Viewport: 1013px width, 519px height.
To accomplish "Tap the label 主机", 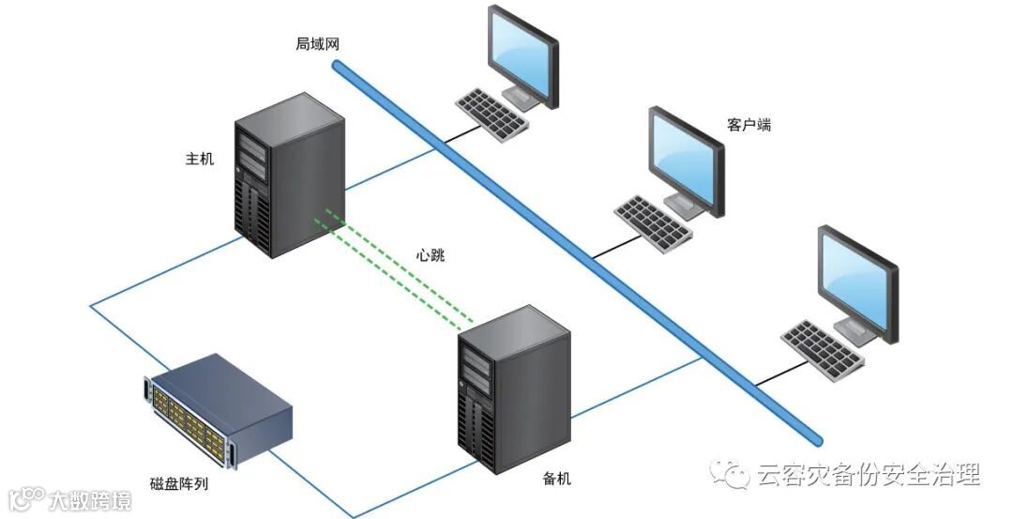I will point(200,160).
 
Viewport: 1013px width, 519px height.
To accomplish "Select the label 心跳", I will point(431,254).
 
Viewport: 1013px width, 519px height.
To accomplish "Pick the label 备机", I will point(556,479).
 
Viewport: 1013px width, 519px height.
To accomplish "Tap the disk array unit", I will point(218,408).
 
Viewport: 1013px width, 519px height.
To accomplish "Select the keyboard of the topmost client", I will point(492,114).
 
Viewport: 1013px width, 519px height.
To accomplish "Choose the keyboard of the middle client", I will point(654,222).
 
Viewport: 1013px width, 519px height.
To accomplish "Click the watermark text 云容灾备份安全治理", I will point(868,475).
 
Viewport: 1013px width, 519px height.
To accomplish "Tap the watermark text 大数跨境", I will point(90,499).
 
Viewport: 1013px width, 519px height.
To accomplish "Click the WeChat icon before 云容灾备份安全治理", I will point(731,474).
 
